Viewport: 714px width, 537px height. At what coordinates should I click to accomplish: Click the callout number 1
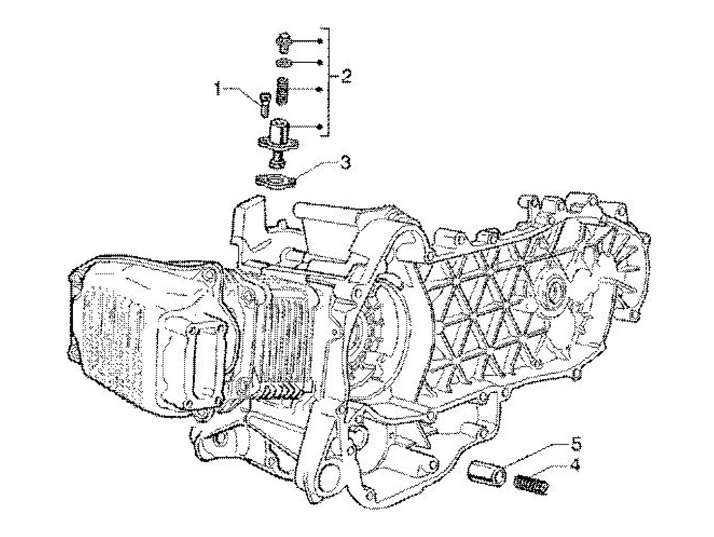pyautogui.click(x=218, y=88)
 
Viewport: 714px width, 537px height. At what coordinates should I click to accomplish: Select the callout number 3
pyautogui.click(x=345, y=162)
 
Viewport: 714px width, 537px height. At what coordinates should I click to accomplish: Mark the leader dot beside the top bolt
pyautogui.click(x=320, y=41)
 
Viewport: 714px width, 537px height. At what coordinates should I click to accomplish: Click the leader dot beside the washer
pyautogui.click(x=320, y=62)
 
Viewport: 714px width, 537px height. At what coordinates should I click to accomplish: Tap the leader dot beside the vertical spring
pyautogui.click(x=320, y=89)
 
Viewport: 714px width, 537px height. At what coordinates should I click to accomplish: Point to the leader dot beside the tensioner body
pyautogui.click(x=320, y=126)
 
